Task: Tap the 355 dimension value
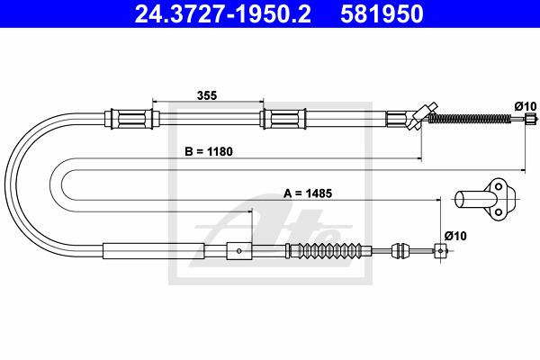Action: coord(207,94)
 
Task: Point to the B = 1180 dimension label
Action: coord(208,151)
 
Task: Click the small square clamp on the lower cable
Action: coord(238,250)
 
